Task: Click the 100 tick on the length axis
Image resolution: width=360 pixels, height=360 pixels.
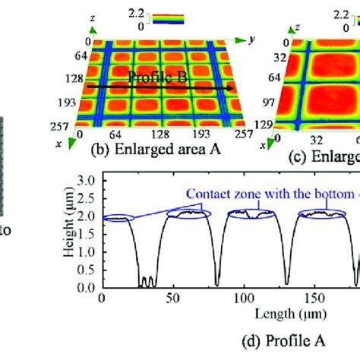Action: tap(242, 298)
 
